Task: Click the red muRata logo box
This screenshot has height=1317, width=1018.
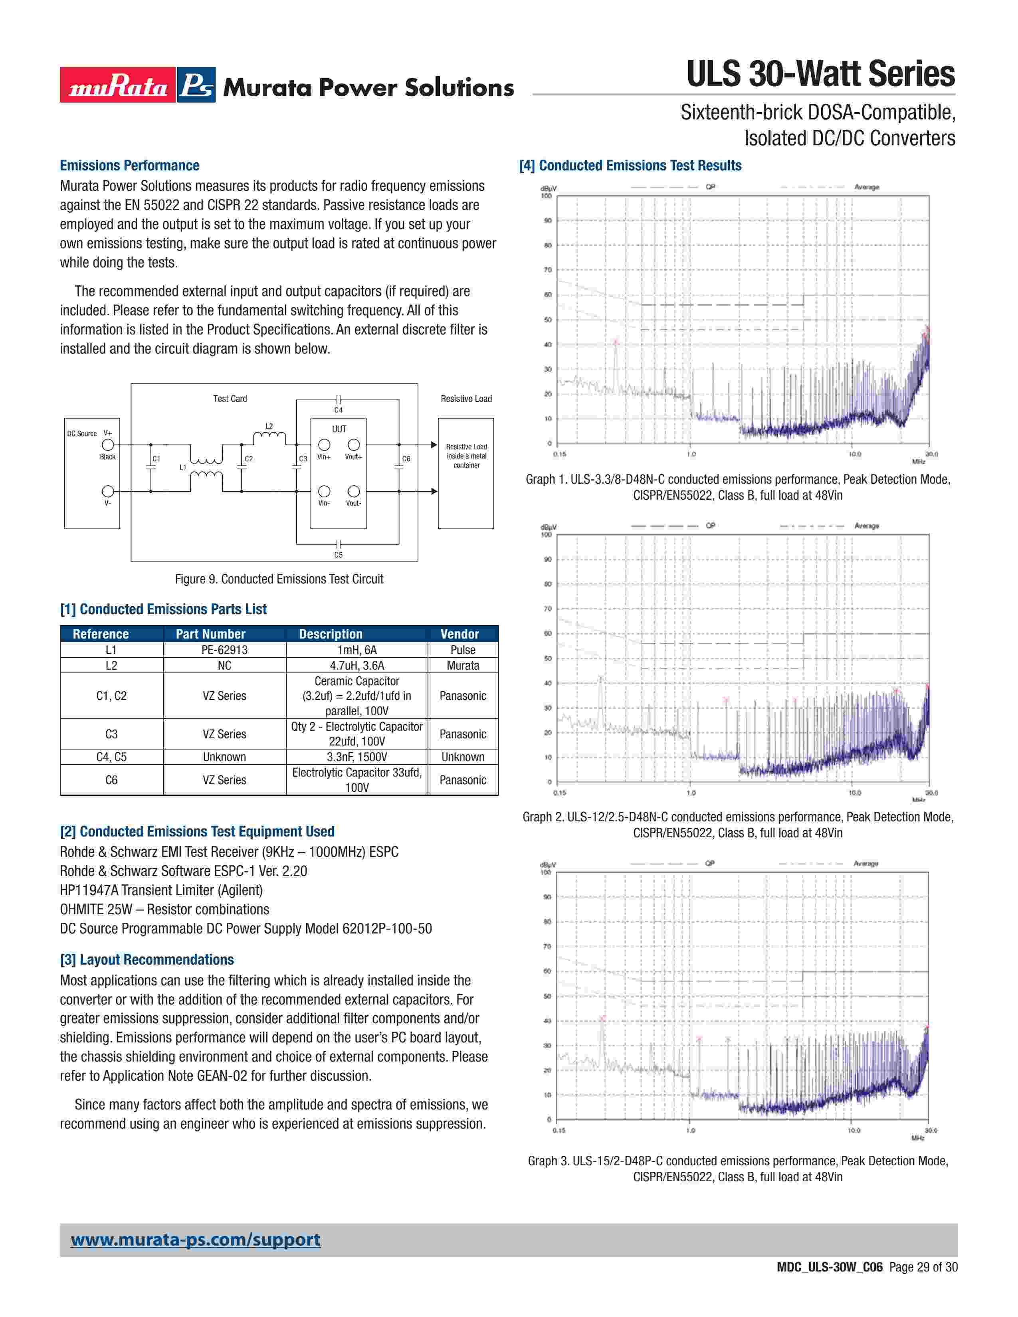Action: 118,85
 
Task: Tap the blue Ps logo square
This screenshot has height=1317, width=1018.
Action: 196,85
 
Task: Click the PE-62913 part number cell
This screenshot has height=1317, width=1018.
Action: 224,649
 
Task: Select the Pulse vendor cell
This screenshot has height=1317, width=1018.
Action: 463,649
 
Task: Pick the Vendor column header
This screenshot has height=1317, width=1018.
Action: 459,634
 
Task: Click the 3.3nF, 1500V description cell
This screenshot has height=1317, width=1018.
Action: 356,757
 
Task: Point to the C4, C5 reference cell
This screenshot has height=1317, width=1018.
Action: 111,757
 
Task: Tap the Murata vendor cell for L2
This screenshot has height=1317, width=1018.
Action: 463,665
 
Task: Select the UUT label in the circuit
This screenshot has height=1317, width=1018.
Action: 339,429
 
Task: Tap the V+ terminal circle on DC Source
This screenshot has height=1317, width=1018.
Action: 108,445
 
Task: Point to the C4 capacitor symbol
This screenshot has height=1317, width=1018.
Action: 338,400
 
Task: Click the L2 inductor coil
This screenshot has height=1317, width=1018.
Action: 269,435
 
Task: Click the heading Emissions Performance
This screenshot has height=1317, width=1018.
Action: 130,165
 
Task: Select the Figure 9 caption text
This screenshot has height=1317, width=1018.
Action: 279,579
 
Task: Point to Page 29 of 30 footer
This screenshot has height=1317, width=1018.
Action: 923,1267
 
